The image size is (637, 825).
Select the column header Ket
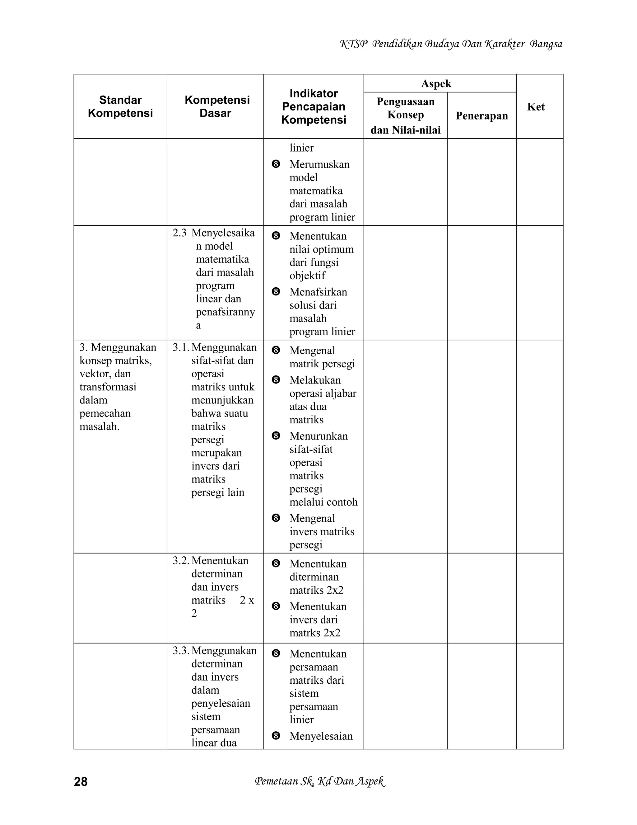(536, 106)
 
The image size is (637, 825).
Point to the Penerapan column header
(481, 115)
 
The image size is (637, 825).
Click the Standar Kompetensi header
(120, 106)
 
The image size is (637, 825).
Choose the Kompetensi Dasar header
(217, 106)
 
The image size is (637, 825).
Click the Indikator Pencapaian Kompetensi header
(314, 106)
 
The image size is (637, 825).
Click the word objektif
(307, 276)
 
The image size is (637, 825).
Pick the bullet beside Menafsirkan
(276, 292)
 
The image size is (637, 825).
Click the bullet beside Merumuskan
(276, 164)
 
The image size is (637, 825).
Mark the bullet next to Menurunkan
(276, 436)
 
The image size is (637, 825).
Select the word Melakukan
(315, 380)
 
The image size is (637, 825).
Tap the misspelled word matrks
(304, 633)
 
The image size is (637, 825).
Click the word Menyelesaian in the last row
(321, 736)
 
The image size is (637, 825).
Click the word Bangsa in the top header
(546, 44)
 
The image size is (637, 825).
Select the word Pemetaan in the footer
(276, 781)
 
